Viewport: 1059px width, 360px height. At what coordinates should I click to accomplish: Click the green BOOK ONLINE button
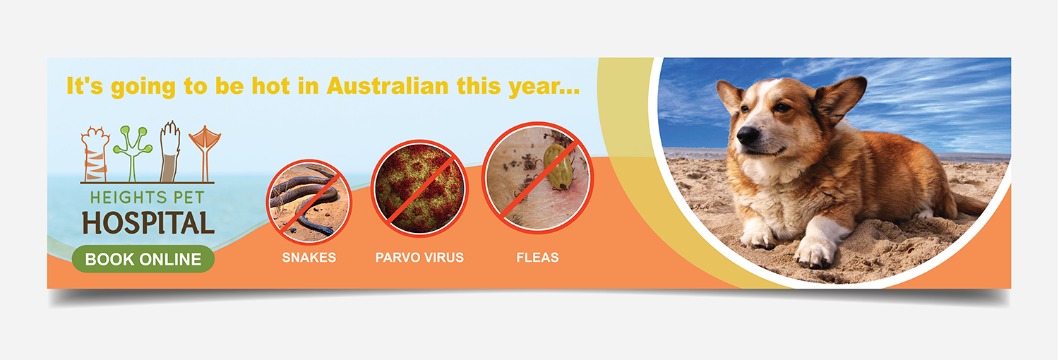(x=143, y=259)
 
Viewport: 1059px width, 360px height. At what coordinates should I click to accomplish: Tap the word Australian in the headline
(x=387, y=86)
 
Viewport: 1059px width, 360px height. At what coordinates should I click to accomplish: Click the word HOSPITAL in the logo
(x=148, y=223)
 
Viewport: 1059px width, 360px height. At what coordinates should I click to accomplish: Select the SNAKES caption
(x=309, y=258)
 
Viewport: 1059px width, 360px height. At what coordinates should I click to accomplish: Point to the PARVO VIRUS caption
(x=419, y=258)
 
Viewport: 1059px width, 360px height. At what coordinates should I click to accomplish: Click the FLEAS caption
(x=537, y=258)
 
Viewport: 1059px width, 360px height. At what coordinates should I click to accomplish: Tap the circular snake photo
(x=309, y=201)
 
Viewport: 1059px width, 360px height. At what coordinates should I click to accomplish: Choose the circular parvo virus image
(x=420, y=188)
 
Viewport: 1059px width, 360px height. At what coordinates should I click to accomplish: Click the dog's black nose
(x=748, y=135)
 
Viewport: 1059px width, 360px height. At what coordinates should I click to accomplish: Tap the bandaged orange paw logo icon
(x=95, y=154)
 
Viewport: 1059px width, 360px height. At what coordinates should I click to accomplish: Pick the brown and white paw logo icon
(x=170, y=152)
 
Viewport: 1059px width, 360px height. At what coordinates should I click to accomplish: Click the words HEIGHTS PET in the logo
(x=148, y=198)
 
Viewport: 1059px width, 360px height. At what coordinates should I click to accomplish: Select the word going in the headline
(x=143, y=88)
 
